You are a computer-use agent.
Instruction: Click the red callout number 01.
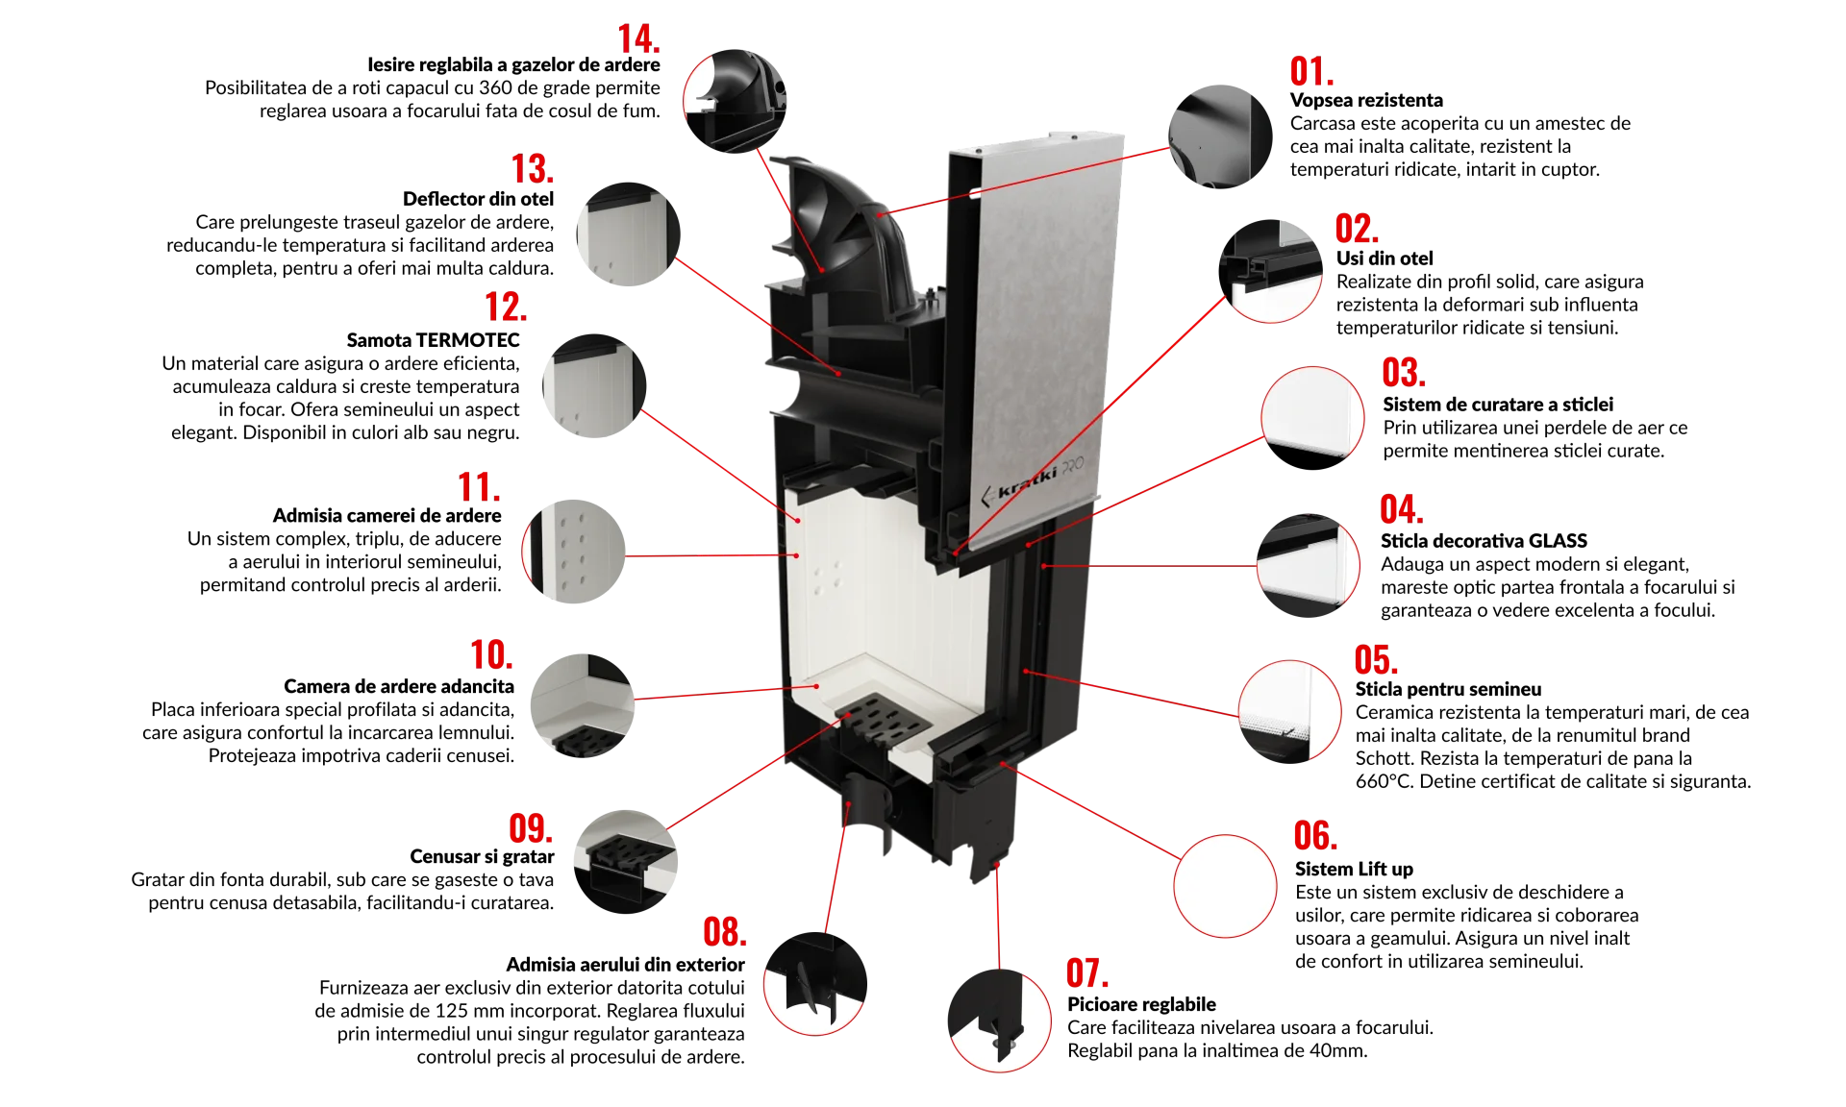(1311, 72)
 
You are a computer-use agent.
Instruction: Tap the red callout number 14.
(637, 40)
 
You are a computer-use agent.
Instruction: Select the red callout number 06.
(1314, 835)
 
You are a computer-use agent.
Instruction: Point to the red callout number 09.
(530, 828)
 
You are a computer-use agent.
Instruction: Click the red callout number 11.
(478, 488)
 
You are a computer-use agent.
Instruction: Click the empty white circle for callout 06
(1225, 885)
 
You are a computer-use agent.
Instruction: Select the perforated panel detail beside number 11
(575, 551)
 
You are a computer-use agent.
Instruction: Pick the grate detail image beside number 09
(623, 857)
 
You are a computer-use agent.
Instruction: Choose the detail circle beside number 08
(814, 983)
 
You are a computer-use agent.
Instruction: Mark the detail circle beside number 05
(1289, 709)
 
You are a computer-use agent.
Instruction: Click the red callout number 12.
(506, 307)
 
